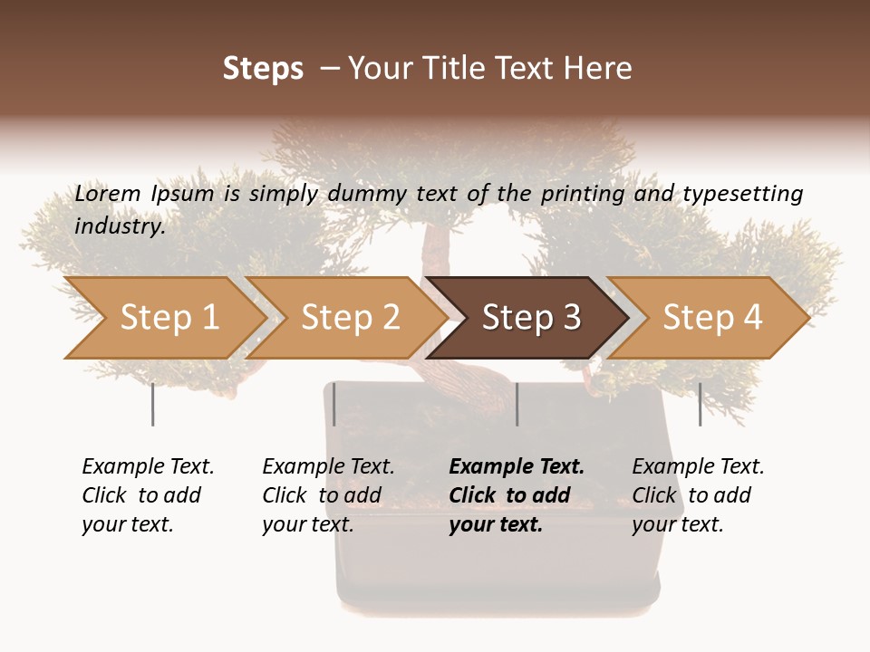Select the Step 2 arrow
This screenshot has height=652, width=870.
(349, 318)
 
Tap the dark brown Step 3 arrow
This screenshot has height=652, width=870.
(530, 318)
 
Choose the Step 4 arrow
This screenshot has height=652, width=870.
(711, 318)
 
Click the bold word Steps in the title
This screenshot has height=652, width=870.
(263, 69)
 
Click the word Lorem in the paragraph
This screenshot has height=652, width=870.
(108, 193)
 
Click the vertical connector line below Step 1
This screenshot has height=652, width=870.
(152, 404)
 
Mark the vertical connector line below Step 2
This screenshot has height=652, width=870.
(334, 404)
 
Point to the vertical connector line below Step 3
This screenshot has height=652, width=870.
(517, 404)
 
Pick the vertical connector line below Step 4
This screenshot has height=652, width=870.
(700, 404)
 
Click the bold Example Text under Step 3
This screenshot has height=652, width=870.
(517, 466)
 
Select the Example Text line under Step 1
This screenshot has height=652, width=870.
(148, 466)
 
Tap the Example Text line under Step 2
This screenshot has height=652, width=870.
(328, 466)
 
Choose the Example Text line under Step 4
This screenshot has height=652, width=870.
(698, 466)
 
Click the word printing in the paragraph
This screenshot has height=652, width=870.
(575, 193)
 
